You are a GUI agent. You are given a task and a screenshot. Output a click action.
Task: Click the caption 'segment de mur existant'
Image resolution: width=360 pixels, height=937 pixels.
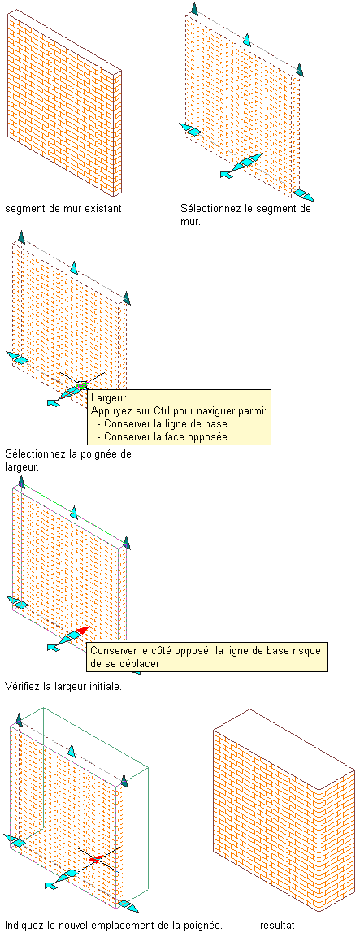pos(63,209)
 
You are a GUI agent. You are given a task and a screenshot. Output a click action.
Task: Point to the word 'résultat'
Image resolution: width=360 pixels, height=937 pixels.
pos(277,926)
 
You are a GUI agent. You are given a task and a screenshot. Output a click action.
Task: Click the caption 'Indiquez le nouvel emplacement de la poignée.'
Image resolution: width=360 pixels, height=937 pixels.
pos(114,926)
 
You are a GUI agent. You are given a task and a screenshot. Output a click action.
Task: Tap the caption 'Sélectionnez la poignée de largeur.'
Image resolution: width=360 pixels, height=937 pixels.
pos(67,459)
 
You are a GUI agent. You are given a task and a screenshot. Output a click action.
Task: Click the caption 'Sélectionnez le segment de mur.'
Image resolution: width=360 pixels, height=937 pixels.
pos(245,215)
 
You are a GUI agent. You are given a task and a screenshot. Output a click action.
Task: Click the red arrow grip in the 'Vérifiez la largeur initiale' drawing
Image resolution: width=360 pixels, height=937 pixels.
pos(82,630)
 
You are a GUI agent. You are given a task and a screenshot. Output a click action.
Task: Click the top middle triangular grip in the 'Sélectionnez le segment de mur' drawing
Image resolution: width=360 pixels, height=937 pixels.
pos(246,40)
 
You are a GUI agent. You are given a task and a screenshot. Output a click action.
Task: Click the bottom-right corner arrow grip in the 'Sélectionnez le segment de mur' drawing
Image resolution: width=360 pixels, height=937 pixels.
pos(305,195)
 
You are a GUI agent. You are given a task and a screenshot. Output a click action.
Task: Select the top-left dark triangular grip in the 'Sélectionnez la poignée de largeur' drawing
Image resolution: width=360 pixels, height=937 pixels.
pos(21,236)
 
